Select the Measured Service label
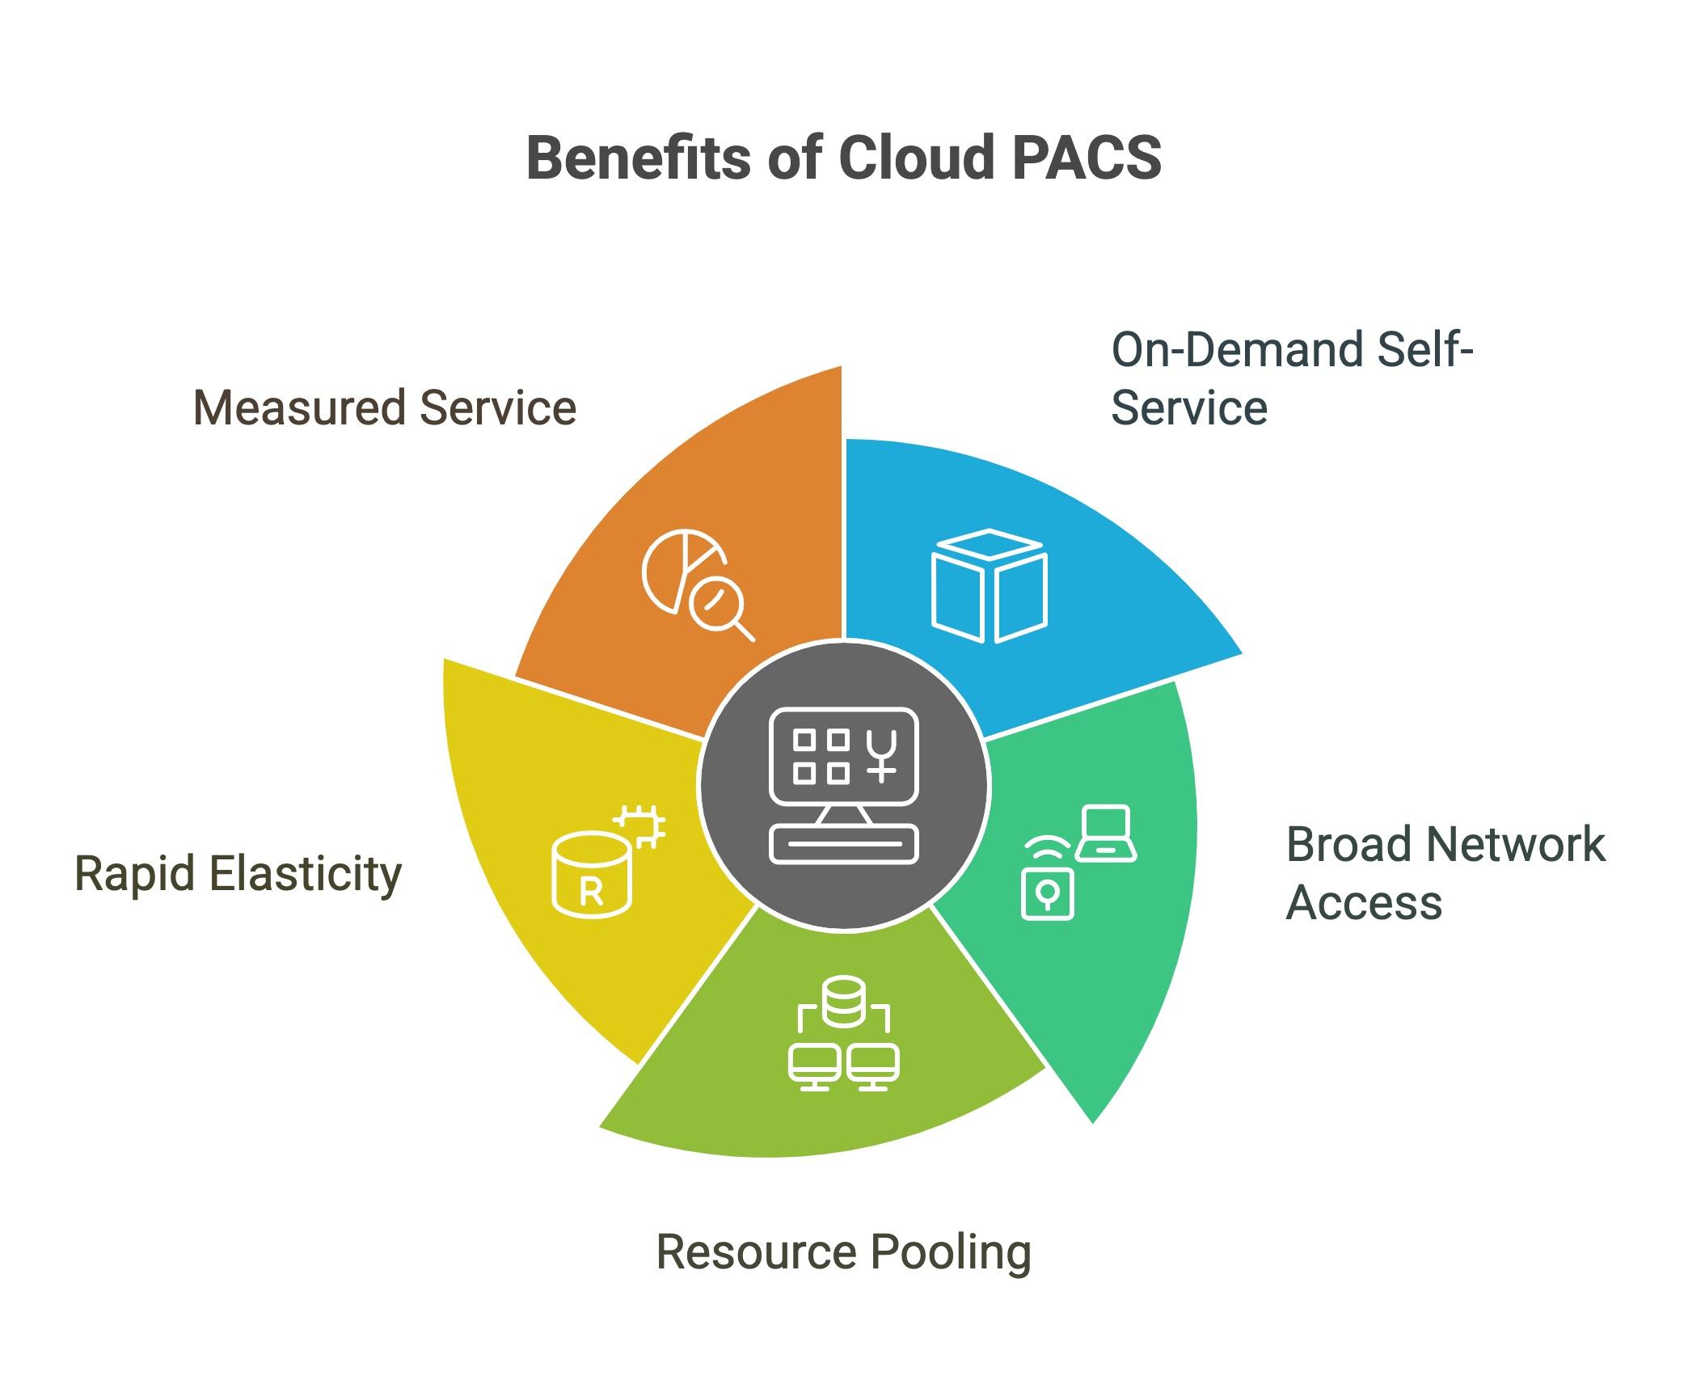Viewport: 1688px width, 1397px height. pos(385,407)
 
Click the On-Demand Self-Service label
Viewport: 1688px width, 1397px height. pos(1290,378)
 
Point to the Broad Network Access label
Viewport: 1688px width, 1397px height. pos(1444,873)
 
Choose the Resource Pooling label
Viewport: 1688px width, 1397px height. pos(843,1251)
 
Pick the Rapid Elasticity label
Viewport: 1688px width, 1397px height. pos(238,874)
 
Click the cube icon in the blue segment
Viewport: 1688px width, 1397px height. pos(989,586)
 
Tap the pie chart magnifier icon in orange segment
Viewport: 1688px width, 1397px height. pos(697,584)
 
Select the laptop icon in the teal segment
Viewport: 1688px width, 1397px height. pos(1105,834)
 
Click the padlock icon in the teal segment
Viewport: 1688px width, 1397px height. pos(1047,893)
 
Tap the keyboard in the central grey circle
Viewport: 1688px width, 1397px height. pos(844,844)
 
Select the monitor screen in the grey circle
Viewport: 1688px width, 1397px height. pos(844,757)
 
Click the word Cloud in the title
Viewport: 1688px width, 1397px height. pos(916,158)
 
